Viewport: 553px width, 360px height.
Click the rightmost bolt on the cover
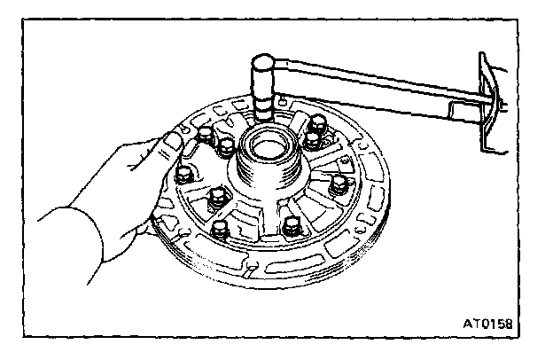coord(338,186)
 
